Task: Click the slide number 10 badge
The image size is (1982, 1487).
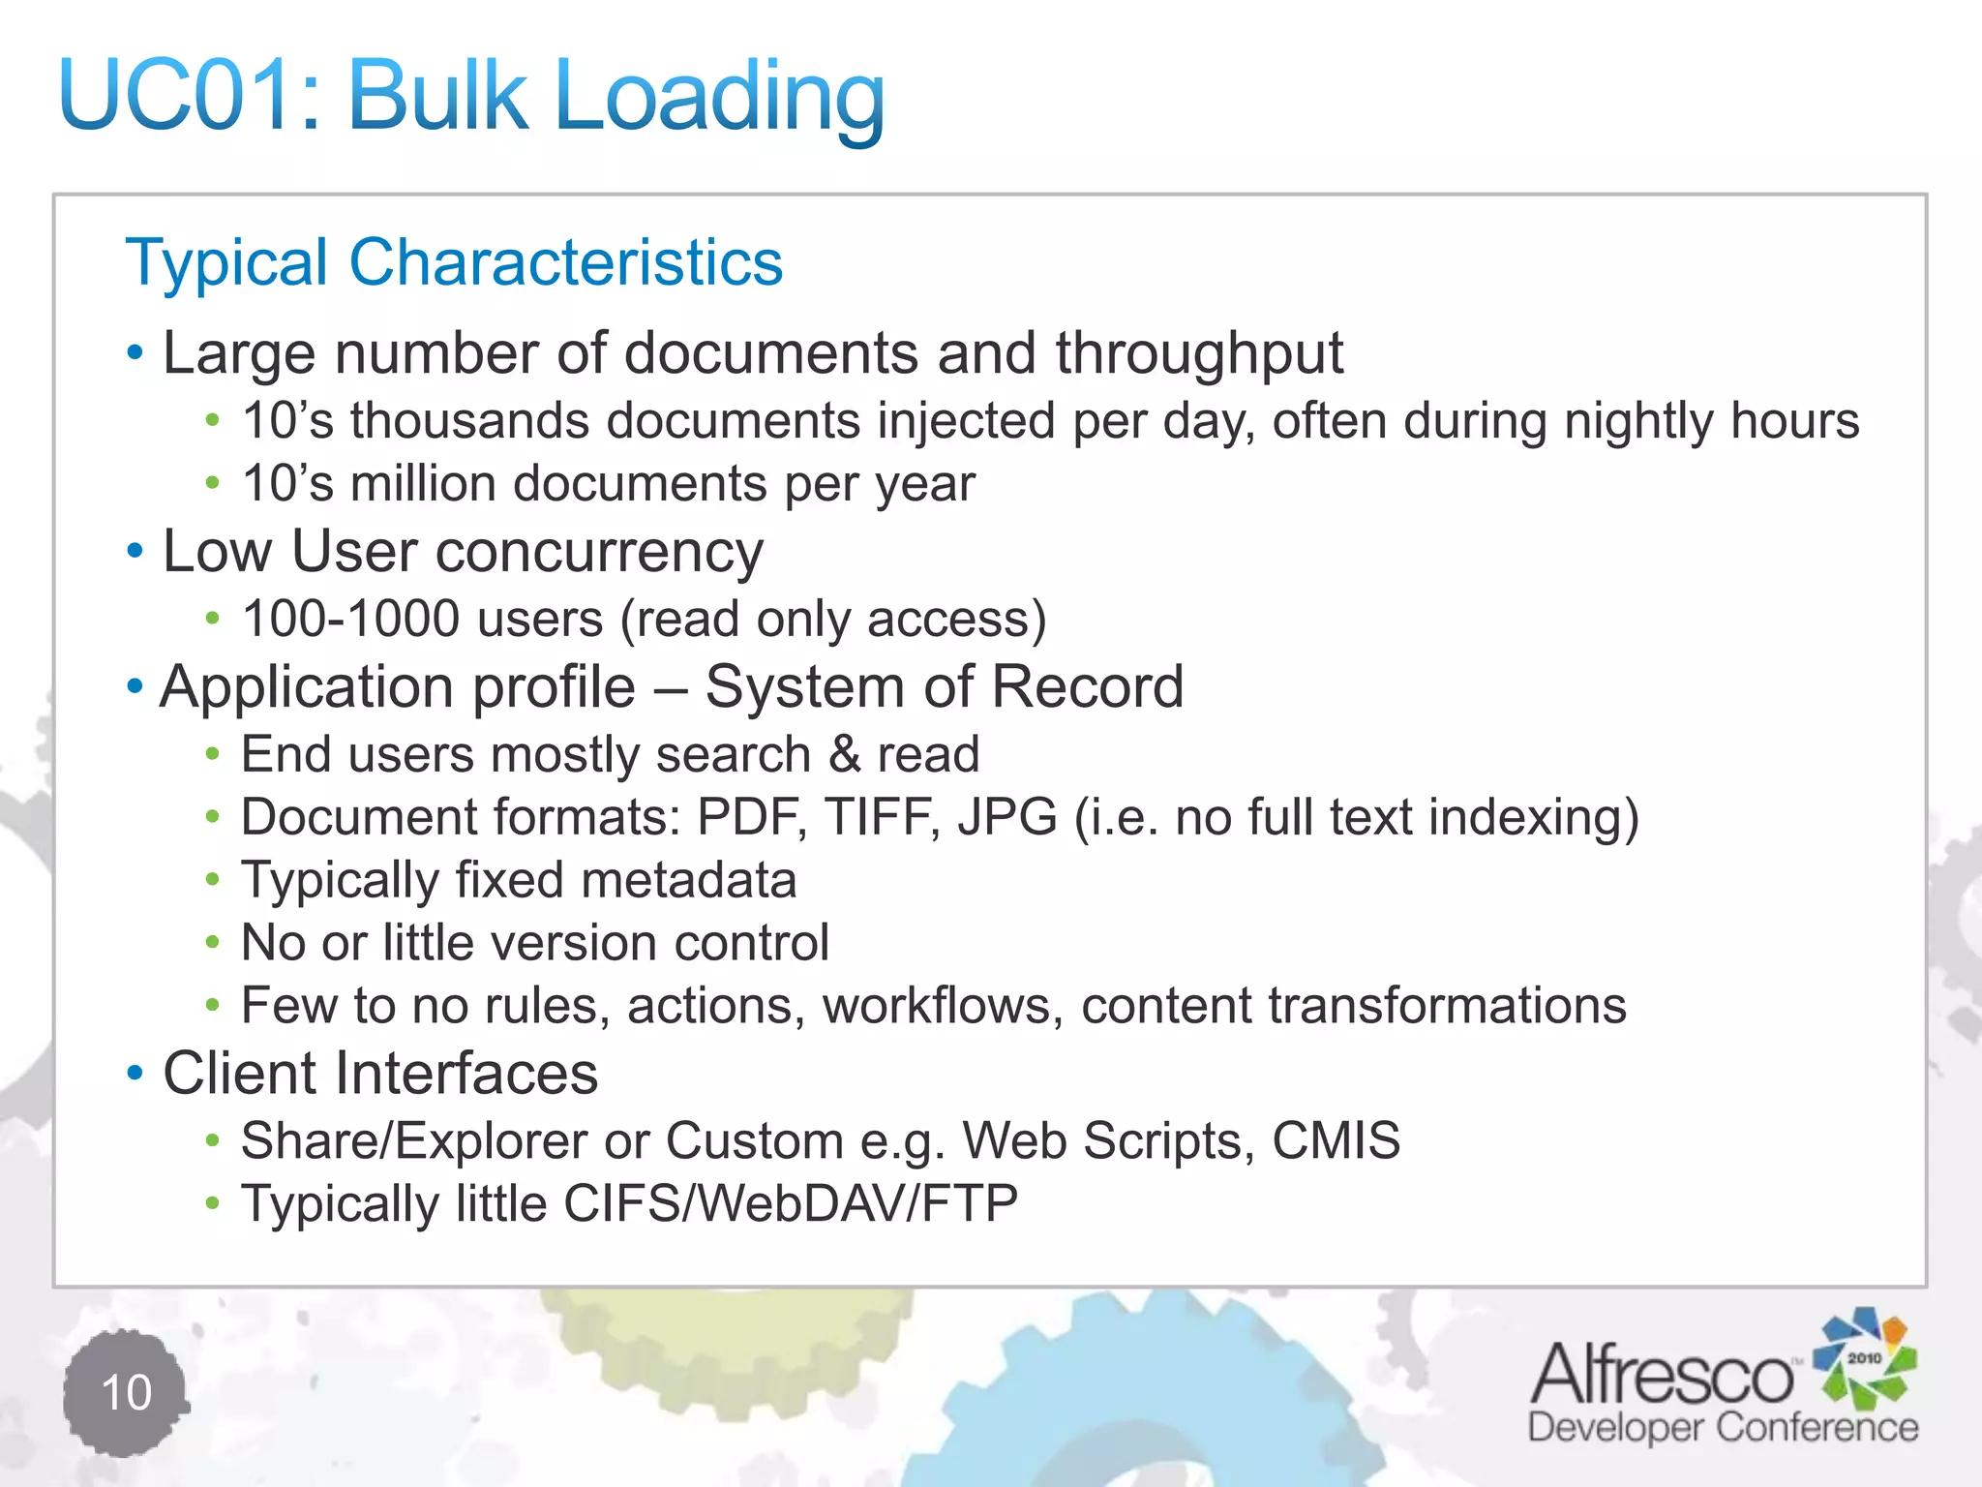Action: point(126,1393)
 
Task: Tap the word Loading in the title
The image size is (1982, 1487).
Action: point(720,97)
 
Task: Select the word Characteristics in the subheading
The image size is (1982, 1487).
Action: point(565,262)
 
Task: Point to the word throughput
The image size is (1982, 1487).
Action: point(1199,354)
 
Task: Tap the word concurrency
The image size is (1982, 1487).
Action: point(599,553)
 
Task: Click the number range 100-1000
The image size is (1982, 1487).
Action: point(350,619)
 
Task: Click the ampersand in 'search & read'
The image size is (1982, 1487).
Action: point(844,754)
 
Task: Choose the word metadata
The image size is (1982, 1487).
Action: point(688,880)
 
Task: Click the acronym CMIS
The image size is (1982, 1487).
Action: point(1336,1140)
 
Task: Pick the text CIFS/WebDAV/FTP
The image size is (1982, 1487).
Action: point(790,1203)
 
